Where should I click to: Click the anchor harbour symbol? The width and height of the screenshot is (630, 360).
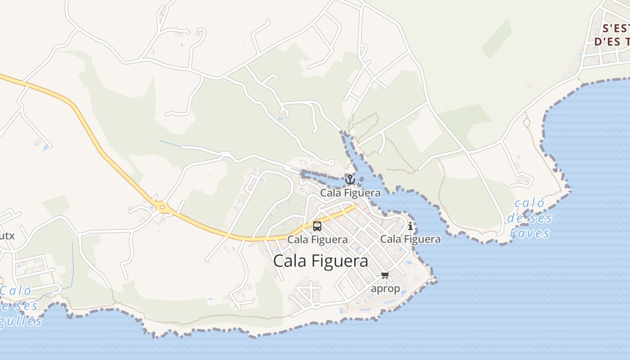tap(350, 180)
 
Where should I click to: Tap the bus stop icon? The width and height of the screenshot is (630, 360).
tap(317, 226)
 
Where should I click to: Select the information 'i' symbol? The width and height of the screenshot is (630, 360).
tap(410, 226)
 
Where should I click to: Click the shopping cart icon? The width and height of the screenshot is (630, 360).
tap(385, 275)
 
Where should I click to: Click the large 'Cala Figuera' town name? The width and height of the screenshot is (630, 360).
tap(320, 261)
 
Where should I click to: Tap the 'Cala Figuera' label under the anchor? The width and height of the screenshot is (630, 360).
tap(350, 193)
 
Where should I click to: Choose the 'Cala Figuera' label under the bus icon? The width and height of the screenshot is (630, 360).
tap(317, 239)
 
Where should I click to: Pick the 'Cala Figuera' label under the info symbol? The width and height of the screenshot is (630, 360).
tap(410, 239)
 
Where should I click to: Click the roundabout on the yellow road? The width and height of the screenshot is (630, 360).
tap(162, 208)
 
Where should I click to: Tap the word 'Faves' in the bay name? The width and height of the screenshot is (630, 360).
tap(530, 233)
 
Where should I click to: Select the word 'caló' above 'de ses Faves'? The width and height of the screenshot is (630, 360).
tap(529, 203)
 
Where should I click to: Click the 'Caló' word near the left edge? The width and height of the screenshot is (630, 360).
tap(16, 291)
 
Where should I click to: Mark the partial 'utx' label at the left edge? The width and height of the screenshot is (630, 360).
tap(7, 235)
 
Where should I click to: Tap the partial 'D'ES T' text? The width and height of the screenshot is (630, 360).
tap(612, 42)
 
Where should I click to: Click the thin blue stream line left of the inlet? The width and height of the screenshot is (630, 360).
tap(170, 144)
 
